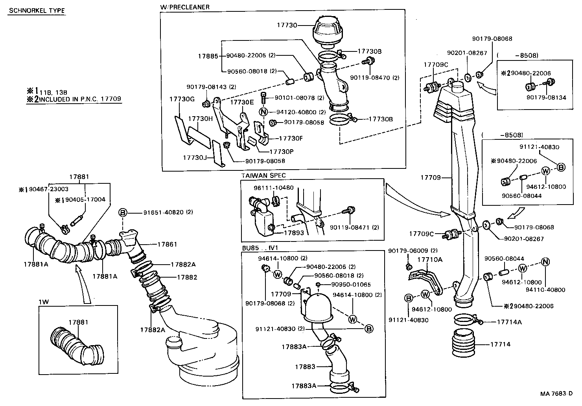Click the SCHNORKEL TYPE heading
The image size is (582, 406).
point(37,11)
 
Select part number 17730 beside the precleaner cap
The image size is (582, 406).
point(287,25)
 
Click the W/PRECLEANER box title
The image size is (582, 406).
point(184,7)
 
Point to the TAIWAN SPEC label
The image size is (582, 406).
point(263,175)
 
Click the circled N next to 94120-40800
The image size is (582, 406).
point(263,112)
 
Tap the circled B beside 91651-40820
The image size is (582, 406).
point(123,213)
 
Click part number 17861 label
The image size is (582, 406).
point(167,244)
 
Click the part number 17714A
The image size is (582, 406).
point(509,322)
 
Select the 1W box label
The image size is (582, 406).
point(43,302)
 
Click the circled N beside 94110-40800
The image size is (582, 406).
point(545,262)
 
